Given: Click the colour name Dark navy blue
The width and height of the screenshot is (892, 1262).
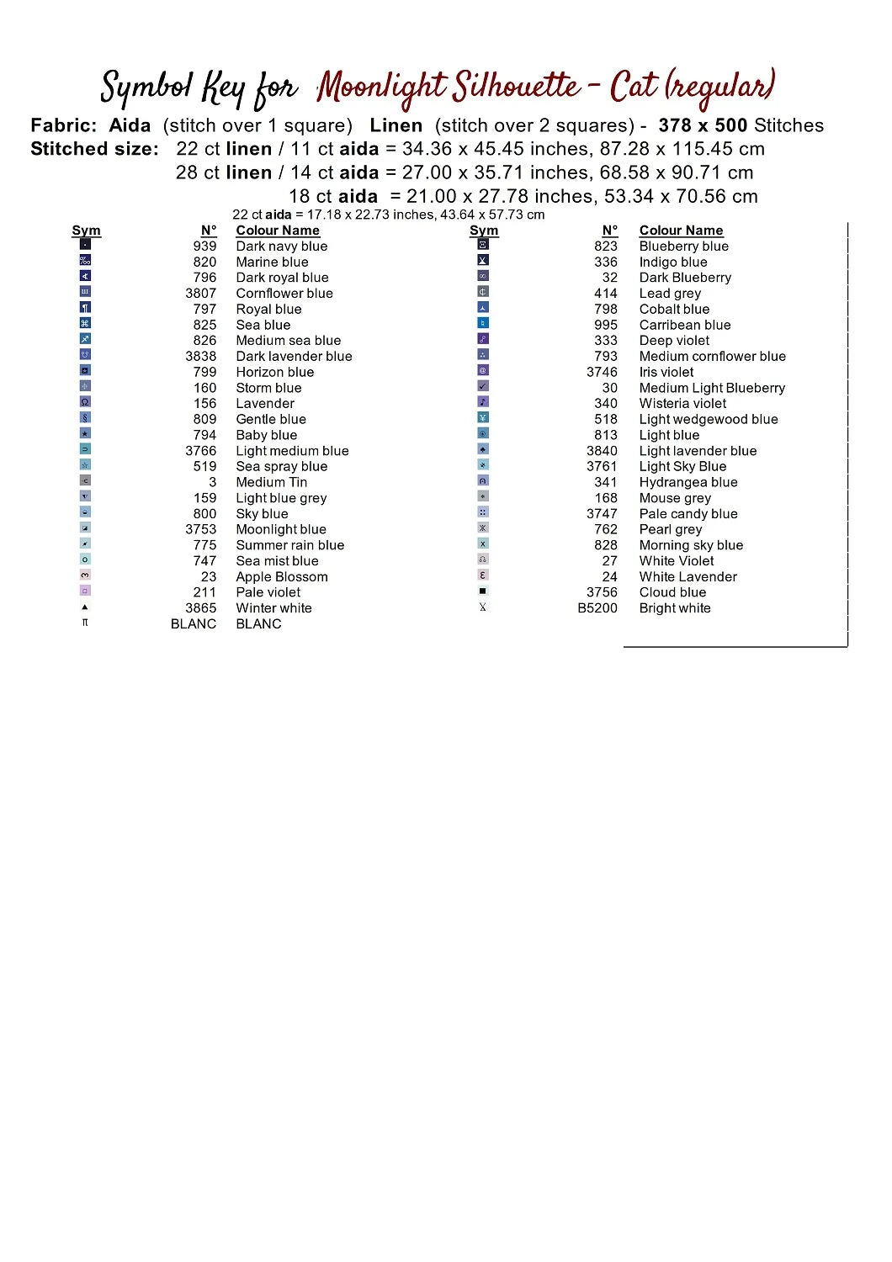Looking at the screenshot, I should tap(281, 247).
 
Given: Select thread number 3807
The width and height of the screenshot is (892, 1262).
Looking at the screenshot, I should tap(200, 294).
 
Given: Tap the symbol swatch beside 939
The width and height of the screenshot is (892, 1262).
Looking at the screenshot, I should tap(85, 245).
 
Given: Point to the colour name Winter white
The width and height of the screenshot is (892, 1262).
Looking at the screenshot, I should tap(273, 608).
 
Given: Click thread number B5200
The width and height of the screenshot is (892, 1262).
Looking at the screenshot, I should tap(597, 608).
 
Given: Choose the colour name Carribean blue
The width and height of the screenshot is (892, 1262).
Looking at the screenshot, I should tap(684, 325).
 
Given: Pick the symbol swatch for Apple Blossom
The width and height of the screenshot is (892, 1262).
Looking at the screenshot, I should tap(85, 575).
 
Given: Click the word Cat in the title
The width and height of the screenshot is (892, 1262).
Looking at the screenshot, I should tap(633, 87).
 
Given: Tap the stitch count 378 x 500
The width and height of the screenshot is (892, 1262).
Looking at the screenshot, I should tap(703, 126).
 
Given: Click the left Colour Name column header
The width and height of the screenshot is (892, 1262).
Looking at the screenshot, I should tap(278, 231).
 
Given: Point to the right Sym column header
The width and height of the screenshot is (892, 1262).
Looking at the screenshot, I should tap(484, 231).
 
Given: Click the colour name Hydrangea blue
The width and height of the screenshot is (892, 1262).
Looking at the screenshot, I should tap(688, 482).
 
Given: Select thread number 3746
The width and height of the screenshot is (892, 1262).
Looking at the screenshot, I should tap(602, 372).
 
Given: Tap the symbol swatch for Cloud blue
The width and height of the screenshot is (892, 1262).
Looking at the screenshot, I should tap(483, 591).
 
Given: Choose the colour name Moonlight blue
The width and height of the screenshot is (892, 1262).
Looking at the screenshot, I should tap(280, 529).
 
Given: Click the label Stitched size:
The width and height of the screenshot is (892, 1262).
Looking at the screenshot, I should tap(94, 150).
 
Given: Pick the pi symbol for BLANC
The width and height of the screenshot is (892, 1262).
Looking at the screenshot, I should tap(85, 623).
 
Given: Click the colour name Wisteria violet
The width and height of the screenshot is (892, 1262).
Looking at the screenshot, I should tap(682, 404).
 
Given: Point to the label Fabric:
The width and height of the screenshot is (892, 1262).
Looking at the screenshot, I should tap(63, 126).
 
